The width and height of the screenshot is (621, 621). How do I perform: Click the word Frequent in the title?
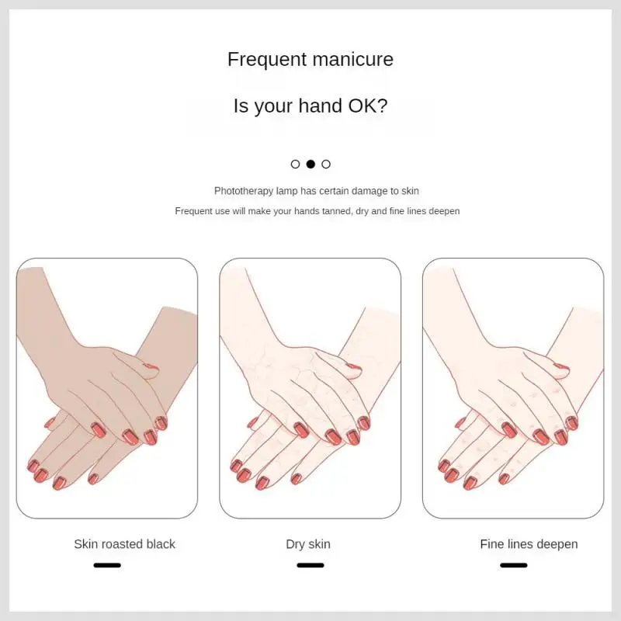[x=267, y=60]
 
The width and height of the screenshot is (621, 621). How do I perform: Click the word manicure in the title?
[x=353, y=60]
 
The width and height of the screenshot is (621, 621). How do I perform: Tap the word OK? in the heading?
[x=367, y=106]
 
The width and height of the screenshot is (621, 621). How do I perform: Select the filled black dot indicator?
[x=311, y=164]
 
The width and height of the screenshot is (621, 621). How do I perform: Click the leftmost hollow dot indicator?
[x=296, y=164]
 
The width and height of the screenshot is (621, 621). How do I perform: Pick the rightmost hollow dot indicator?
[x=326, y=164]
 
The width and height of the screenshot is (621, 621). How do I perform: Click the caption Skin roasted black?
[x=124, y=544]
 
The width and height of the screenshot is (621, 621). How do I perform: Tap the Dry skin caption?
[x=308, y=545]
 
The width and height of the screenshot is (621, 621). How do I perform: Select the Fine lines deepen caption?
[x=529, y=545]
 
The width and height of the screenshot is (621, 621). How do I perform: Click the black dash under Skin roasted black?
[x=107, y=565]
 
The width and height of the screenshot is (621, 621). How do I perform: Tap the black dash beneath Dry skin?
[x=310, y=565]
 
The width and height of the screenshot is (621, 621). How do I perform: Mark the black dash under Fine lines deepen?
[x=514, y=565]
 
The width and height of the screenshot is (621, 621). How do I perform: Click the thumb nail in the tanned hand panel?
[x=151, y=366]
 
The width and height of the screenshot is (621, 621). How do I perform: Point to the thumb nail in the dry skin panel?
[x=354, y=366]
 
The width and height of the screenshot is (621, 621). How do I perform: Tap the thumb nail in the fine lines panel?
[x=561, y=366]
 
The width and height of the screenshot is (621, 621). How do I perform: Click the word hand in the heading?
[x=320, y=106]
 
